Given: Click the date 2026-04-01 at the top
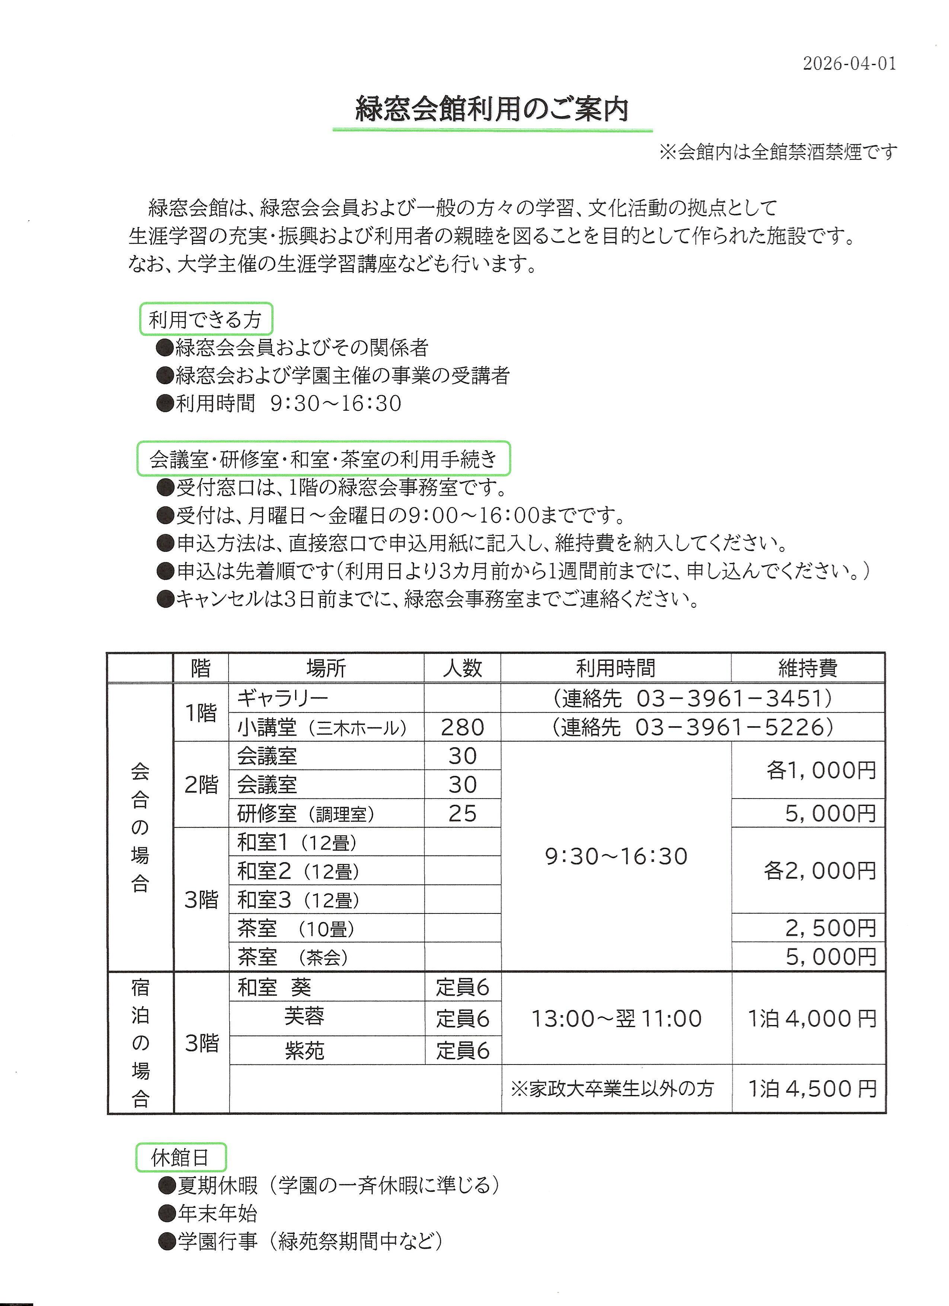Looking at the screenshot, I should click(849, 63).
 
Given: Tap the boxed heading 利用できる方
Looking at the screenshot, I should click(205, 319).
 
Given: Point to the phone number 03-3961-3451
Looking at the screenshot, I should click(731, 698).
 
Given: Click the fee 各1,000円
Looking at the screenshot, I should click(821, 771).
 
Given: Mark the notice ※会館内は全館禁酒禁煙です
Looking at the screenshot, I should click(778, 153).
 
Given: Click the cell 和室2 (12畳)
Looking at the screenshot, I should click(298, 871).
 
